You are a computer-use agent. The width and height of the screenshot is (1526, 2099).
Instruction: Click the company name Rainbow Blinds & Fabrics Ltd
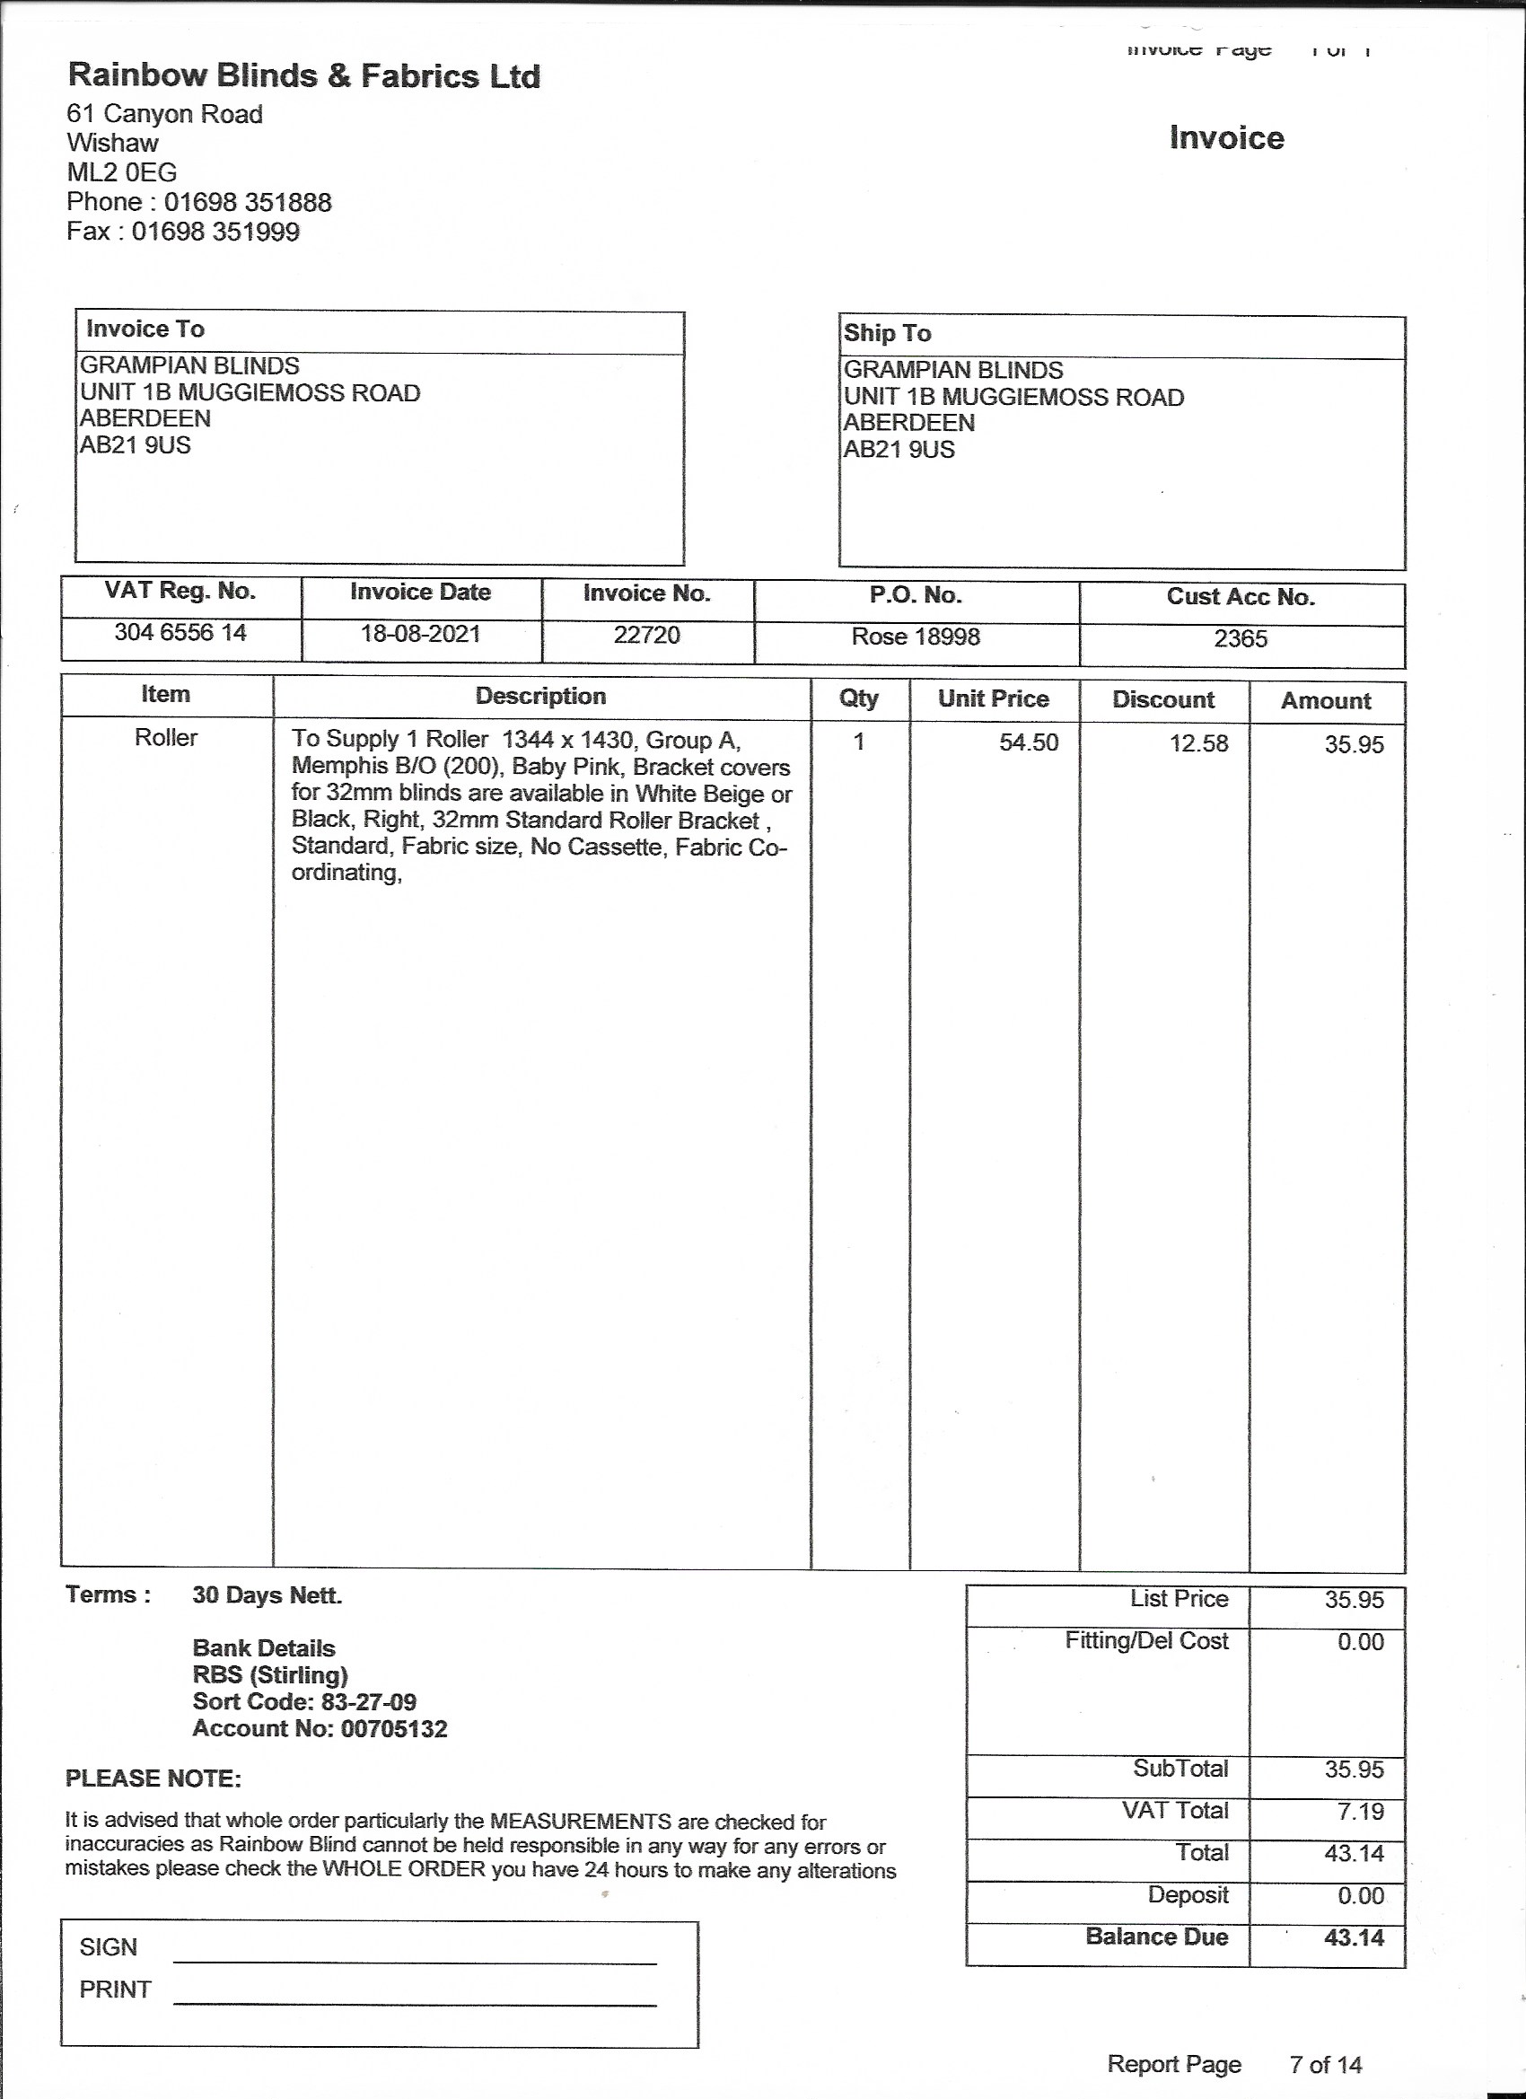303,76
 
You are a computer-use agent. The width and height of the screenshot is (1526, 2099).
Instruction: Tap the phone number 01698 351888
247,202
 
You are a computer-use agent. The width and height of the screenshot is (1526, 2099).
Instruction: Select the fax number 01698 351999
215,232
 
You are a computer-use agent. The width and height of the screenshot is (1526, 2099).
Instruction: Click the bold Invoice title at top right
1226,138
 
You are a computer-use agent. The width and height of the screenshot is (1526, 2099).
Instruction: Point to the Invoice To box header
145,329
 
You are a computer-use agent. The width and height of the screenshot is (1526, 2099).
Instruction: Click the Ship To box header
887,333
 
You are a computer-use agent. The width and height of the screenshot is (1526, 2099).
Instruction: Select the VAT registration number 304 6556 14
180,632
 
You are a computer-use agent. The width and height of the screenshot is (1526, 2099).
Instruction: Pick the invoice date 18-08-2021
420,634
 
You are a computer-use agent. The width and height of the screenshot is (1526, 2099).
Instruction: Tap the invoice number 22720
647,635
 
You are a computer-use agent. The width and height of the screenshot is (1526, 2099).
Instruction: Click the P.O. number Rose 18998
916,637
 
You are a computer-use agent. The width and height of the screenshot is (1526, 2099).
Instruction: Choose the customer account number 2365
1240,638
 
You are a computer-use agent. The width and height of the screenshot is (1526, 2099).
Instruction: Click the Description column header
540,696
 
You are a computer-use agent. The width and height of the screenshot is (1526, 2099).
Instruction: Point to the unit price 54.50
1028,742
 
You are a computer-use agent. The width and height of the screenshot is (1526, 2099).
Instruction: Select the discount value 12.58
1198,743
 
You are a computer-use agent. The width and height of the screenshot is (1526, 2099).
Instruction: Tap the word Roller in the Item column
166,738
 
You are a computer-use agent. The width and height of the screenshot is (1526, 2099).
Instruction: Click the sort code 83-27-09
368,1701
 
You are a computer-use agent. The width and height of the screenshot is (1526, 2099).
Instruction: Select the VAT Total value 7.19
1359,1810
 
